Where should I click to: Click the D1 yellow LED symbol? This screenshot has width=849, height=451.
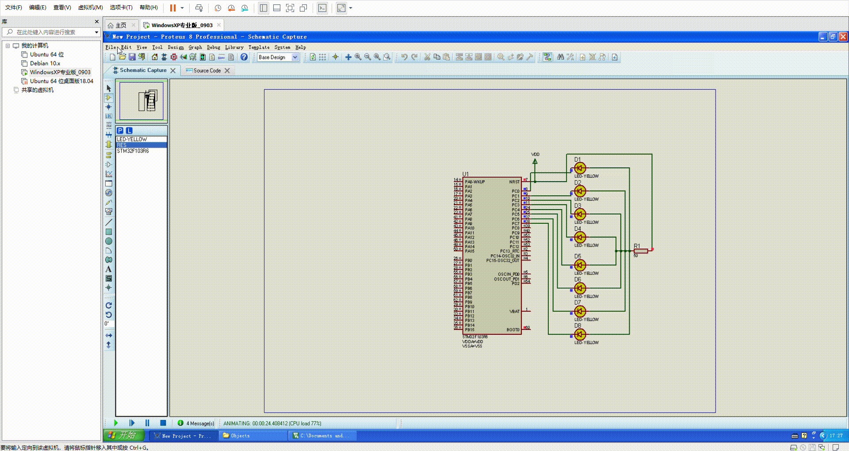click(x=580, y=168)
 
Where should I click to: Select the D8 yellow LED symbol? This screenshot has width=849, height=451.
click(x=580, y=335)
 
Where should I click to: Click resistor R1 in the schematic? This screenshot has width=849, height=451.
click(x=641, y=251)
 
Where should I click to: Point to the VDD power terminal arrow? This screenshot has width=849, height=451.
click(x=535, y=161)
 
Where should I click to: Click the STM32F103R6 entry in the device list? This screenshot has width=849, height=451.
click(x=133, y=151)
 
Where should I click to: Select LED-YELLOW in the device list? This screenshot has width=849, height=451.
click(x=132, y=139)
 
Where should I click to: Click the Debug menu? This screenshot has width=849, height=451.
click(x=214, y=47)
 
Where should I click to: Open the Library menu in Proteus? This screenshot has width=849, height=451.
click(x=234, y=47)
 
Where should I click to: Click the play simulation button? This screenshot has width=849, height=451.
click(x=116, y=423)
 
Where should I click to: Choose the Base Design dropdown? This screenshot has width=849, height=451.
click(x=278, y=57)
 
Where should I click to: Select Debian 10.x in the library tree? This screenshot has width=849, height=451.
click(x=45, y=63)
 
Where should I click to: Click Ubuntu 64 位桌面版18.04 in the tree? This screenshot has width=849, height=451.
click(x=61, y=81)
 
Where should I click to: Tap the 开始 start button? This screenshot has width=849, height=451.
click(x=124, y=436)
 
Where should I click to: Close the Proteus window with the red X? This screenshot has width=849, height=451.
click(x=843, y=37)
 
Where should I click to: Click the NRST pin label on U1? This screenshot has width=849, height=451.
click(x=514, y=182)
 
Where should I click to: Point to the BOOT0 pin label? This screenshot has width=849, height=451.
click(x=513, y=330)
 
